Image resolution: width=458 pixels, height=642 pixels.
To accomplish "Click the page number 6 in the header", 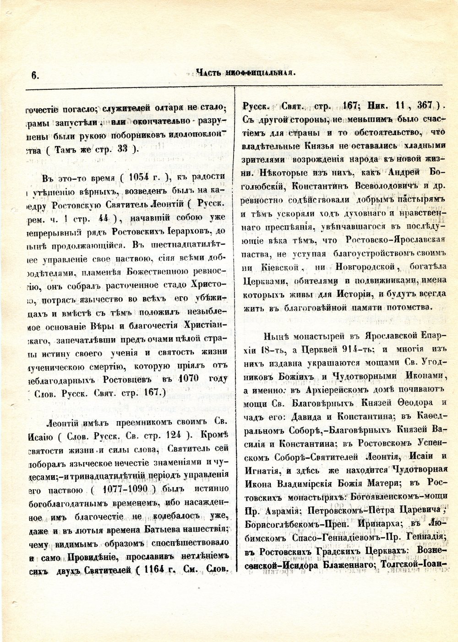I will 34,76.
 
